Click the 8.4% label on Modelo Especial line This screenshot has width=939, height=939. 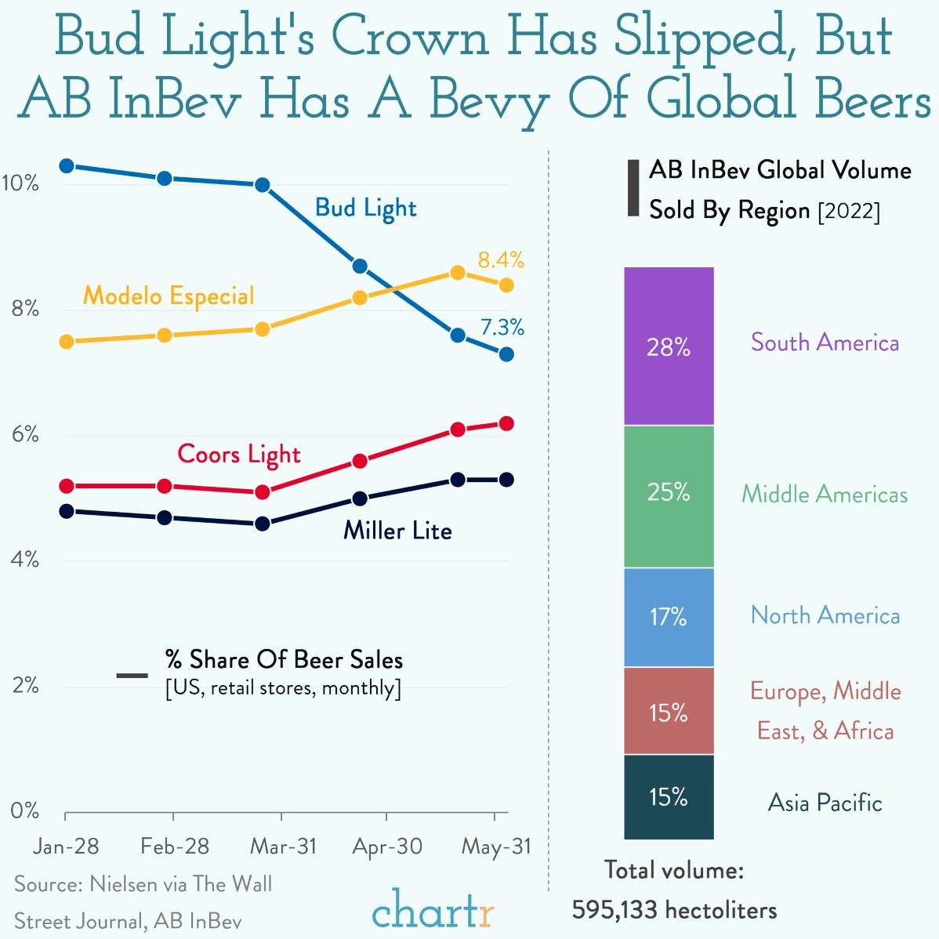[x=501, y=259]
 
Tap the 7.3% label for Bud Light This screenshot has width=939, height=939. [x=502, y=327]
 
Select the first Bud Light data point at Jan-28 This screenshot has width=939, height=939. [x=67, y=166]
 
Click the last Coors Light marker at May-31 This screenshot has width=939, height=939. [x=506, y=424]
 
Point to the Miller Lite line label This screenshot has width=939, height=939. [x=397, y=531]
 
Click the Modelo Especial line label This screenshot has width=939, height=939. [x=169, y=295]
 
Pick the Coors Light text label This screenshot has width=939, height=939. [x=239, y=455]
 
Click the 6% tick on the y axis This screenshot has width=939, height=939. [x=25, y=435]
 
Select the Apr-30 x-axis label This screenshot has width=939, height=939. [x=387, y=847]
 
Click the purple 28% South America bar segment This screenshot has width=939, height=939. [x=669, y=346]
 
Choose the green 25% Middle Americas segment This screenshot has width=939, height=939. [x=669, y=496]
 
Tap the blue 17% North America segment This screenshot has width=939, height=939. [x=669, y=618]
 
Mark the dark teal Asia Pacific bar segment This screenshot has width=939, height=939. [x=669, y=797]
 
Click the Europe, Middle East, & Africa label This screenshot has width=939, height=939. [x=825, y=711]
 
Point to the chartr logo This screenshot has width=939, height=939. [x=433, y=909]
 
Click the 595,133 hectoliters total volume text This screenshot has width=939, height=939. [x=674, y=910]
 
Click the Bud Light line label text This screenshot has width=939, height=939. [x=365, y=208]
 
